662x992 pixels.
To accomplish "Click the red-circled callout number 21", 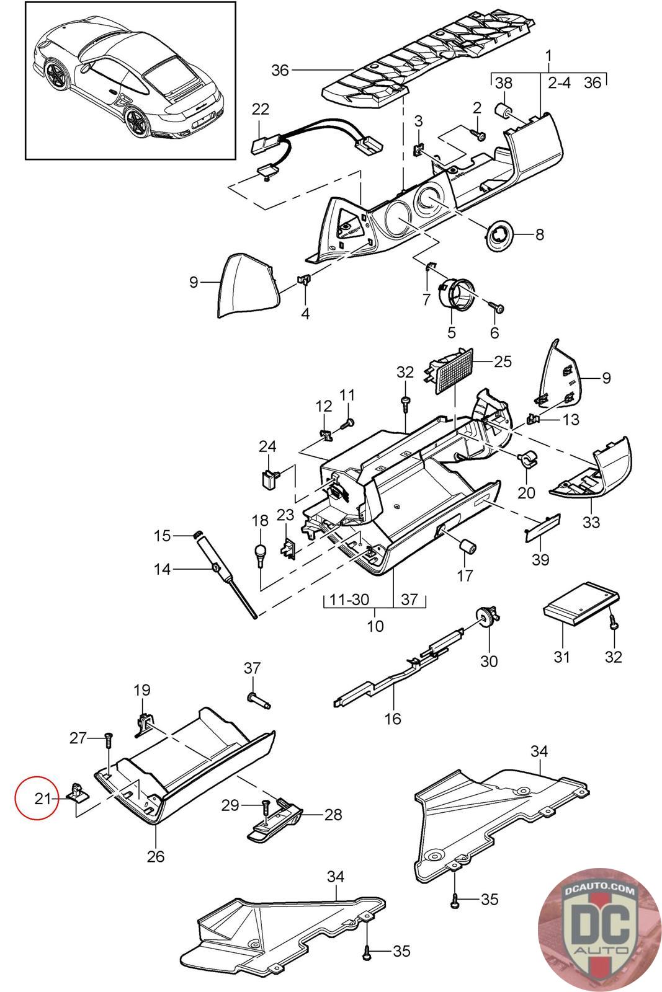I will pos(42,799).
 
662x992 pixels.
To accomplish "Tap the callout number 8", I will pos(539,235).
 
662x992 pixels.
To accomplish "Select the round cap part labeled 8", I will pos(499,235).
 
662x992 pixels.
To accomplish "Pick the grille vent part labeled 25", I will pos(450,370).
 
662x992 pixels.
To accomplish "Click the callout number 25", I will pos(503,361).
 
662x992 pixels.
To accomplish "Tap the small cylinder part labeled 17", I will pos(467,547).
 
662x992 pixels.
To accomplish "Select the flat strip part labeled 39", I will pos(543,526).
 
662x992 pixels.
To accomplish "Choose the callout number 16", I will pos(393,719).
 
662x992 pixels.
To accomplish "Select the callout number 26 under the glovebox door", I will pos(156,856).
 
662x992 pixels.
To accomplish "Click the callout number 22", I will pos(261,109).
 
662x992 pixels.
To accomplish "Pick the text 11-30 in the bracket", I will pos(349,600).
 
